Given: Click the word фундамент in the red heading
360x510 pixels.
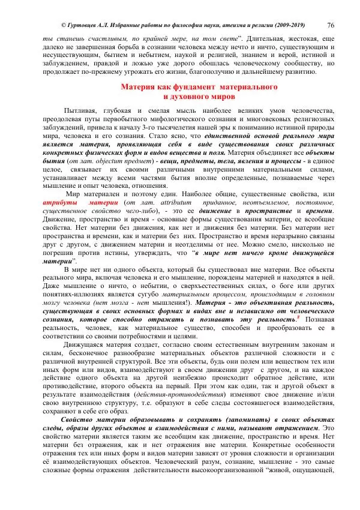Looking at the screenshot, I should [186, 88].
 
